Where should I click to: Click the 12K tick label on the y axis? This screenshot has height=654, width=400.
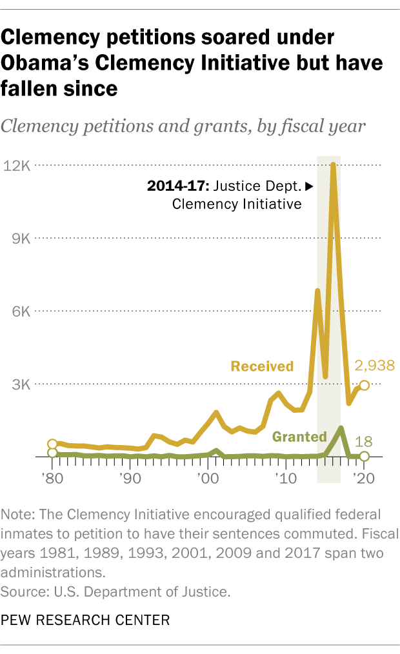pyautogui.click(x=17, y=166)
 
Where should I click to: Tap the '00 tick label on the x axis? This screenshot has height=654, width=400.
pyautogui.click(x=207, y=479)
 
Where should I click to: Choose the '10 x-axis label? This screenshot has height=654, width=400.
pyautogui.click(x=285, y=479)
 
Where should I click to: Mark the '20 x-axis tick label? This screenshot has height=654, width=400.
pyautogui.click(x=364, y=479)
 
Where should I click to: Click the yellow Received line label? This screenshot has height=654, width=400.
pyautogui.click(x=262, y=366)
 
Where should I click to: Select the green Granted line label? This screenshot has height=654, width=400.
pyautogui.click(x=299, y=437)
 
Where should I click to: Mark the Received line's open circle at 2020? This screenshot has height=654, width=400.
pyautogui.click(x=364, y=385)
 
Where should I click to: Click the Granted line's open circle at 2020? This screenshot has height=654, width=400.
pyautogui.click(x=364, y=456)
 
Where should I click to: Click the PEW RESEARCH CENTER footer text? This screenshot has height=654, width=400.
pyautogui.click(x=85, y=620)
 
